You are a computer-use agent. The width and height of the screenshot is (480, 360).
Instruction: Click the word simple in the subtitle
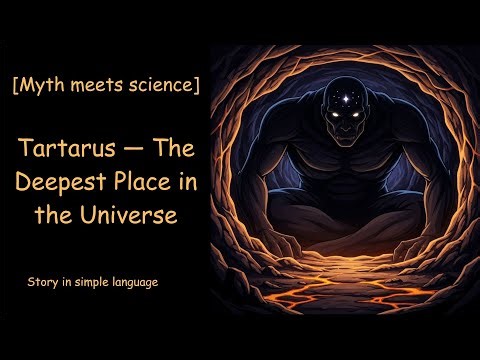click(87, 283)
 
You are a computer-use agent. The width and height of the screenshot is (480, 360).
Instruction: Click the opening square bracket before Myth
click(16, 86)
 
